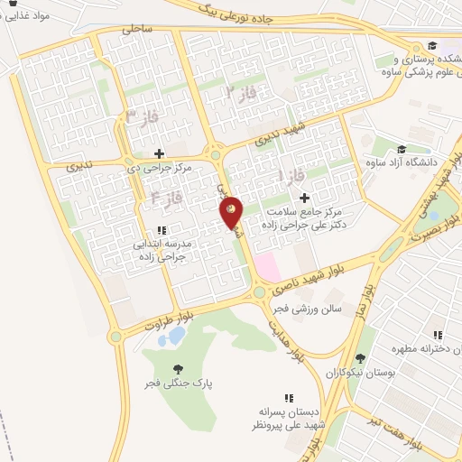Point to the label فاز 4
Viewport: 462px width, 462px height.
[x=168, y=196]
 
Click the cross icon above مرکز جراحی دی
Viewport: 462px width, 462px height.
[x=160, y=152]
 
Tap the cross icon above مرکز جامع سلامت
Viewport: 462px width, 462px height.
[x=303, y=197]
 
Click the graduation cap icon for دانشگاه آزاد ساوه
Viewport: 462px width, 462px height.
[x=402, y=149]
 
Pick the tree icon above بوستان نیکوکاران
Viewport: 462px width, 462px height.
[x=360, y=358]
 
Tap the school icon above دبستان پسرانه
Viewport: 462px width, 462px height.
[x=289, y=397]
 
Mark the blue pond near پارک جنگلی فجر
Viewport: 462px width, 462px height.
[x=176, y=337]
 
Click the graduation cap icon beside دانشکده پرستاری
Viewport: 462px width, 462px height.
[x=432, y=45]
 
